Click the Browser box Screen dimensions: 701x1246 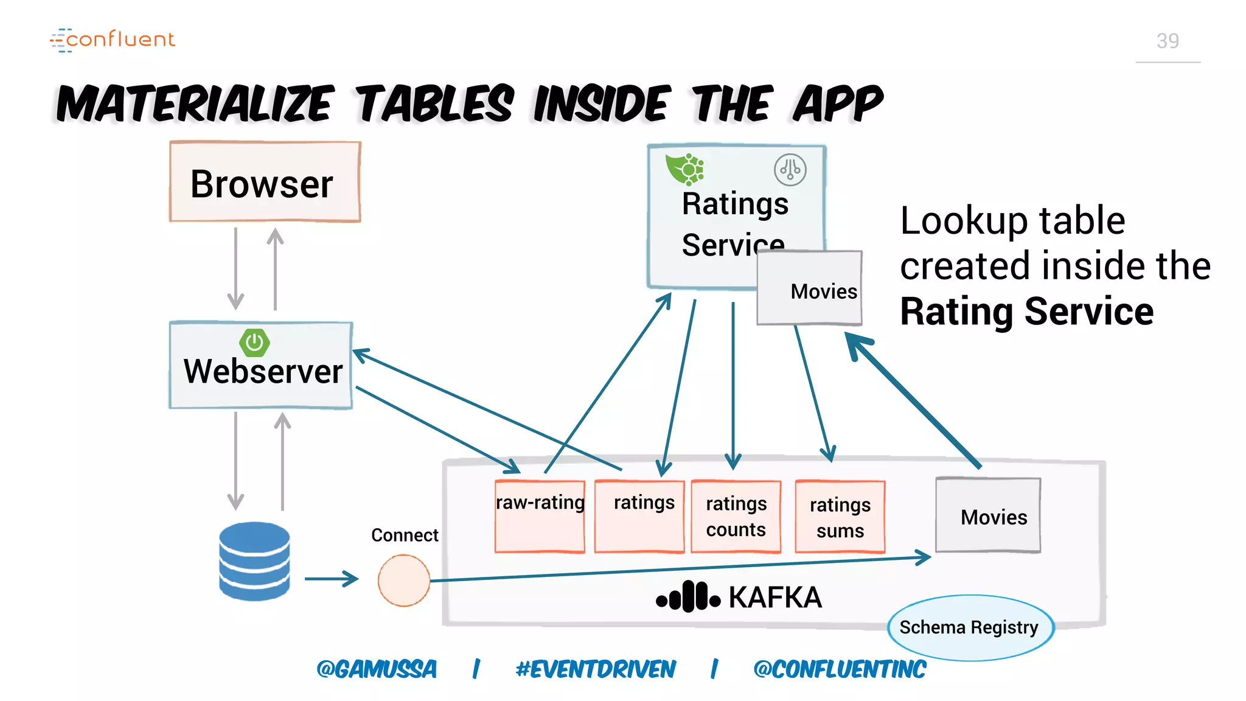(265, 182)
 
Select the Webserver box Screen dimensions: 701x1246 (261, 365)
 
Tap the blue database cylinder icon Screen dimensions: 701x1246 (254, 560)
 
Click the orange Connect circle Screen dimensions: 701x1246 (403, 580)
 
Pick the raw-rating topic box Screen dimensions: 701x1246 (540, 516)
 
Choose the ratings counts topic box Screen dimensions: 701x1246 (736, 516)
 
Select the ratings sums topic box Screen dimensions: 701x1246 (840, 517)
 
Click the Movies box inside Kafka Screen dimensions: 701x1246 (988, 515)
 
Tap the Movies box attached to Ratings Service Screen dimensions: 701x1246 (810, 288)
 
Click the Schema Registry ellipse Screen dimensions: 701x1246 (970, 627)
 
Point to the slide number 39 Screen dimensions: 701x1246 (1168, 41)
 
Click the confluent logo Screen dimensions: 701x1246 (113, 40)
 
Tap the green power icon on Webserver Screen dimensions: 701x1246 (254, 343)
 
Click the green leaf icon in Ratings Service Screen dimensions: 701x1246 (684, 169)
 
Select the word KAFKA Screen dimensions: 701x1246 (774, 597)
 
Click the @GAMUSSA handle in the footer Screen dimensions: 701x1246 (377, 669)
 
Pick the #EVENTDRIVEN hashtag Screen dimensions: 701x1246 (596, 669)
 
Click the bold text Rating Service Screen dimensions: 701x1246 (1026, 312)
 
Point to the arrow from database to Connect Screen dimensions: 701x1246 (331, 579)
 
